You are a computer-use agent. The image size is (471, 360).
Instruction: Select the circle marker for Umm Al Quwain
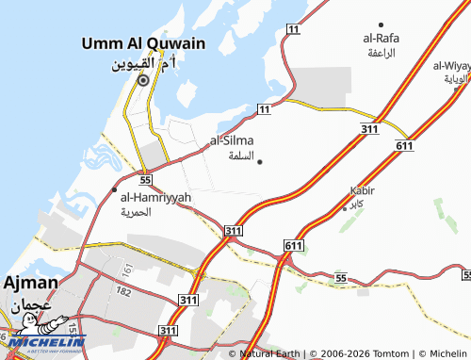[x=143, y=81]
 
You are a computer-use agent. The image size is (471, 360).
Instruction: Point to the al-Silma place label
[x=232, y=140]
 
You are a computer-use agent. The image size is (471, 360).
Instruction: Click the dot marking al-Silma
[x=259, y=161]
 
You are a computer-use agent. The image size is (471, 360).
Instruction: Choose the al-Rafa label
[x=380, y=39]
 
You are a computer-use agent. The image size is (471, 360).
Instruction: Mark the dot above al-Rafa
[x=381, y=25]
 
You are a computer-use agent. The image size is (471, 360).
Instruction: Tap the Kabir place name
[x=363, y=190]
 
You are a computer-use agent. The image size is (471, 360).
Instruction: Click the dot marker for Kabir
[x=343, y=205]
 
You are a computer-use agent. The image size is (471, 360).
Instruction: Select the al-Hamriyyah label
[x=155, y=197]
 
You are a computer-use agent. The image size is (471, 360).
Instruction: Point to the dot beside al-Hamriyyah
[x=116, y=198]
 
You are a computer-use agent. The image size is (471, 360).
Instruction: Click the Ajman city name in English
[x=31, y=283]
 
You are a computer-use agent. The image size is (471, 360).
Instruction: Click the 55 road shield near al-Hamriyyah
[x=145, y=178]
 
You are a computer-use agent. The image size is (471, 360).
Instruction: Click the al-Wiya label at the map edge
[x=452, y=66]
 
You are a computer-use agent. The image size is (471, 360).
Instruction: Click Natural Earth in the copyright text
[x=270, y=353]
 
